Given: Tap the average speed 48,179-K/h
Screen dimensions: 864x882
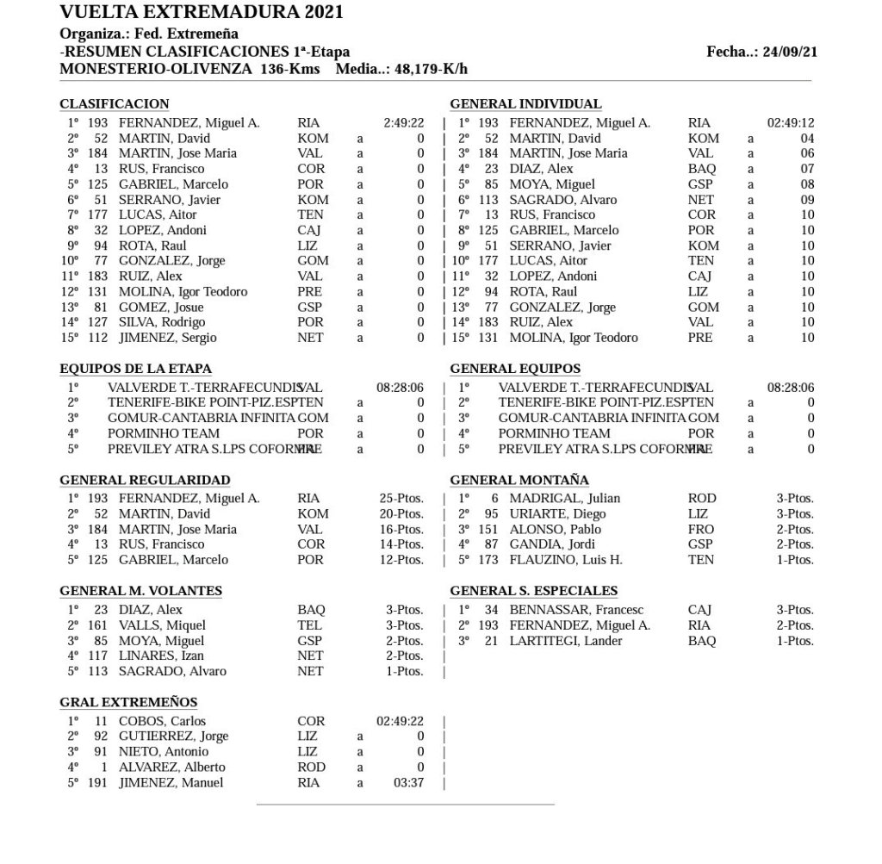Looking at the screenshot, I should [425, 68].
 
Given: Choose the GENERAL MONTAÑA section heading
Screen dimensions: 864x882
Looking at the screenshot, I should [519, 480].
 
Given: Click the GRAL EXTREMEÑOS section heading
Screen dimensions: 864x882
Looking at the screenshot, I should [128, 702].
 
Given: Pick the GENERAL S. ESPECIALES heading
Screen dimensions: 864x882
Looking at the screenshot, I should [533, 590].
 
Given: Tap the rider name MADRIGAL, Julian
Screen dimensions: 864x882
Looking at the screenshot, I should [564, 498].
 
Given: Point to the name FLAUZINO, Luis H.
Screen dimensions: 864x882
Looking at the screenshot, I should [565, 560].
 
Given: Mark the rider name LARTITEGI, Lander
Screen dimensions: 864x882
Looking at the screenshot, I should [565, 641].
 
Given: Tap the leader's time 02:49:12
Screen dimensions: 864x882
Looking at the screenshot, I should [791, 123].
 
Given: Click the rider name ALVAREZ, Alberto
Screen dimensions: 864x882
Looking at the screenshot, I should [171, 768].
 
